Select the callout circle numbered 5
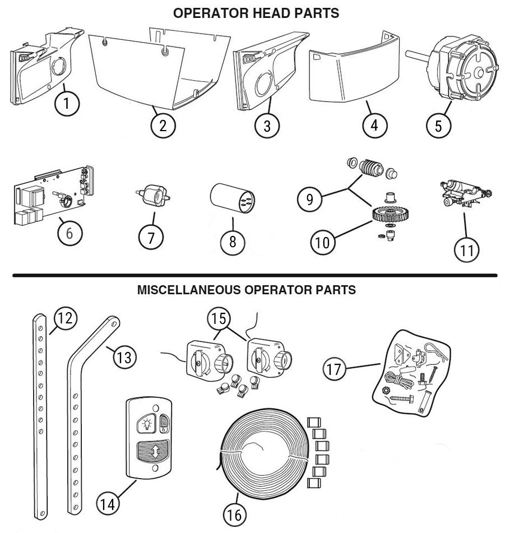(439, 126)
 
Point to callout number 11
(466, 250)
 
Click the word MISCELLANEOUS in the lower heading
(184, 291)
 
